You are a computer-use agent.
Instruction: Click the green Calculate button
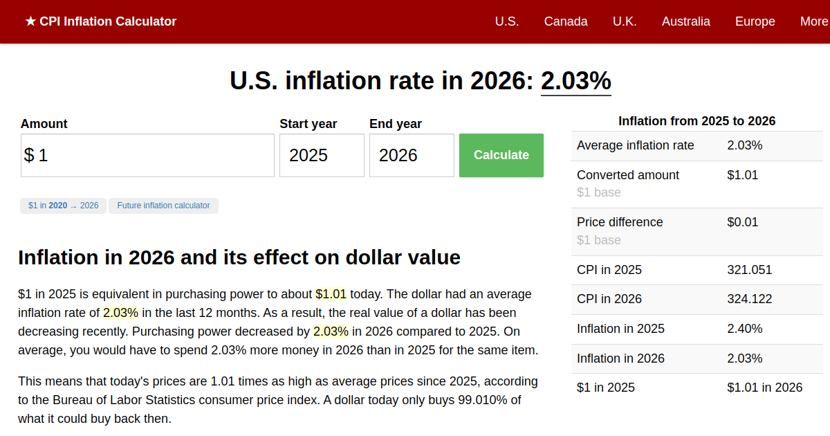pyautogui.click(x=501, y=155)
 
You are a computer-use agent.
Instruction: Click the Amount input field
pyautogui.click(x=147, y=155)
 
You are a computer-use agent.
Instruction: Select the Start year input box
pyautogui.click(x=322, y=155)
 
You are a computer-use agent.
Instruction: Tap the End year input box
pyautogui.click(x=412, y=155)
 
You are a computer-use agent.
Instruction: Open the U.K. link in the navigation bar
pyautogui.click(x=625, y=21)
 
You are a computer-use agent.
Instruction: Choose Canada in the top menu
pyautogui.click(x=566, y=21)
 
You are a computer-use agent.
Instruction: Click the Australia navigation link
pyautogui.click(x=685, y=21)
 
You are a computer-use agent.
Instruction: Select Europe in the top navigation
pyautogui.click(x=755, y=21)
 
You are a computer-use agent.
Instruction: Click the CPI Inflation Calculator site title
pyautogui.click(x=101, y=21)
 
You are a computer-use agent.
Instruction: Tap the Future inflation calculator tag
pyautogui.click(x=163, y=206)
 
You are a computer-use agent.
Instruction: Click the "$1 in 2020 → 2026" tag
pyautogui.click(x=63, y=206)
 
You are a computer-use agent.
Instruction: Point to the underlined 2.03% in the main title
pyautogui.click(x=575, y=81)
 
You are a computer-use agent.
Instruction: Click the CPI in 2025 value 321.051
pyautogui.click(x=749, y=270)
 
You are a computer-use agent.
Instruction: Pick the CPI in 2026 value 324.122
pyautogui.click(x=749, y=299)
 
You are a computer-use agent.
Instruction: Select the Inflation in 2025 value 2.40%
pyautogui.click(x=744, y=329)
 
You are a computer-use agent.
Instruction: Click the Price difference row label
pyautogui.click(x=620, y=222)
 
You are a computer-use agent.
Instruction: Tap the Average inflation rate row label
pyautogui.click(x=635, y=145)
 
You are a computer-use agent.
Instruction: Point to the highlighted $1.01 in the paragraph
pyautogui.click(x=331, y=294)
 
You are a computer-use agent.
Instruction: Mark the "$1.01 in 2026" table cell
pyautogui.click(x=764, y=388)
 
